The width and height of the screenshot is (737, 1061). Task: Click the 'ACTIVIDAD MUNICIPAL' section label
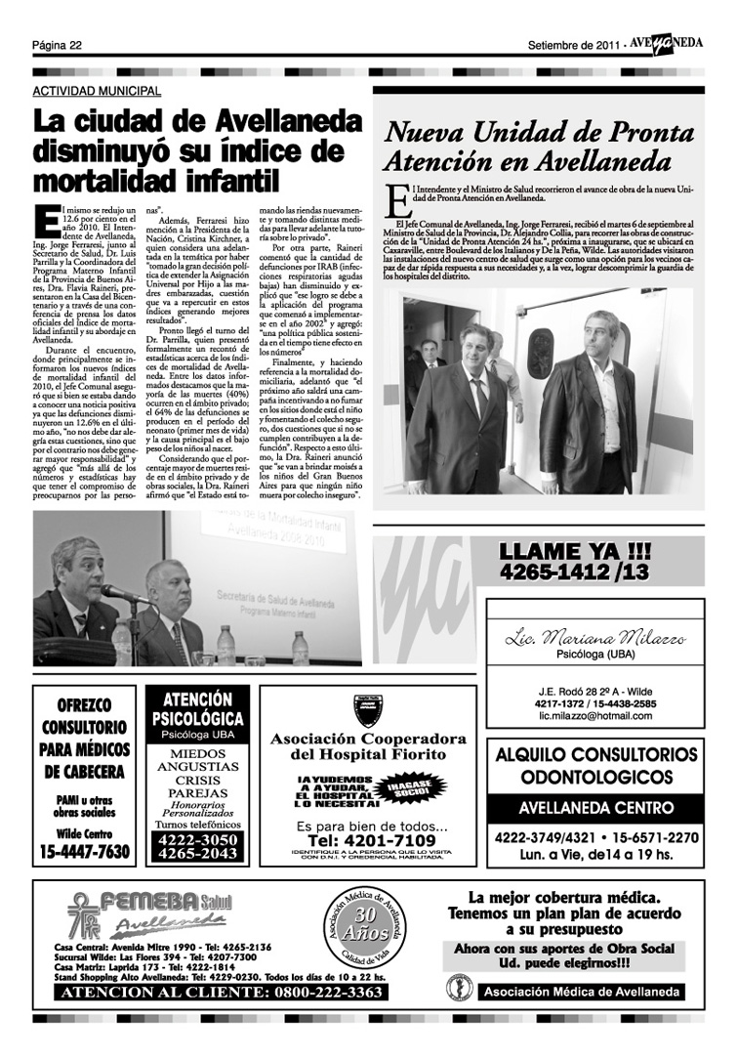pyautogui.click(x=97, y=91)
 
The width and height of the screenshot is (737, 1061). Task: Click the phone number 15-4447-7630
pyautogui.click(x=85, y=852)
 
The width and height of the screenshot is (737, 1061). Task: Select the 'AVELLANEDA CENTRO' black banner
pyautogui.click(x=595, y=808)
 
